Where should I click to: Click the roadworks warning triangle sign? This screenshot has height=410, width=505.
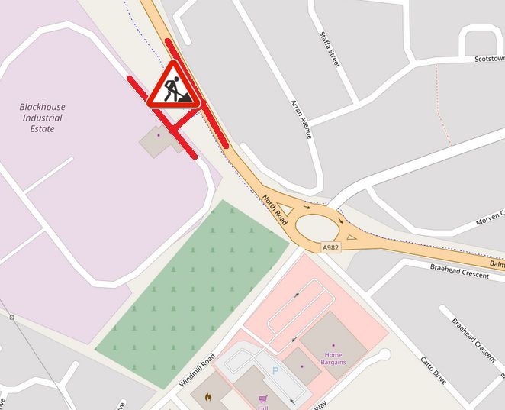coord(174,86)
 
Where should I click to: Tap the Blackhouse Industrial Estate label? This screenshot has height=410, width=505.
coord(43,118)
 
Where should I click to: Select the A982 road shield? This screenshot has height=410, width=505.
coord(330,247)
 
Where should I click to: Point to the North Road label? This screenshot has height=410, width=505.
coord(275,210)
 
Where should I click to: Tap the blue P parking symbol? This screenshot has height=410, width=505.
coord(275,371)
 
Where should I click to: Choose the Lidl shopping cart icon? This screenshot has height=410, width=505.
coord(263,398)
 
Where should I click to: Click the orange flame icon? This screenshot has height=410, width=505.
coord(207,397)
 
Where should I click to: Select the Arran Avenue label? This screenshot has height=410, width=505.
coord(301,118)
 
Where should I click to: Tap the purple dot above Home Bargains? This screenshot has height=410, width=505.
coord(333,345)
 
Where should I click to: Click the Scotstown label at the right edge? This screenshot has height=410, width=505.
coord(489,59)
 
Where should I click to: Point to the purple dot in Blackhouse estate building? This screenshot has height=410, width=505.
coord(159,136)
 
